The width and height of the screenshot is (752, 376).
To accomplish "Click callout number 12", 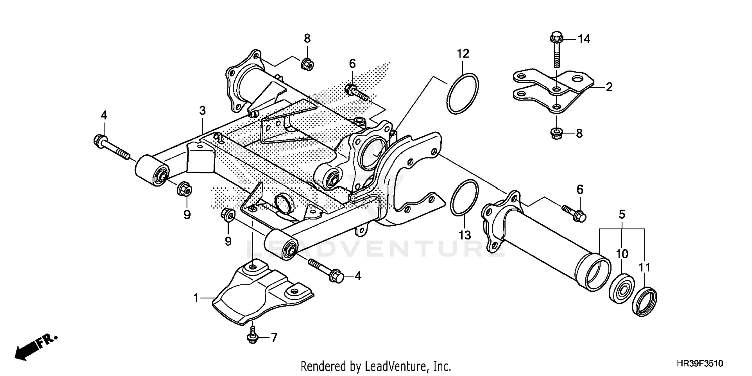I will point(462,53).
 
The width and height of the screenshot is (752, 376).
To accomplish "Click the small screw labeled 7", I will point(252,336).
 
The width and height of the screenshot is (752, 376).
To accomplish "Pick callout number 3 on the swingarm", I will point(202,110).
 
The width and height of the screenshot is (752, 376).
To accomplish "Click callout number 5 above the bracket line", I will point(622,214).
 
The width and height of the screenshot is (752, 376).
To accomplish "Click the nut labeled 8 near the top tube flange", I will point(307,64).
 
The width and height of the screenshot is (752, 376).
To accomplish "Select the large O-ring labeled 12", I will point(462,93).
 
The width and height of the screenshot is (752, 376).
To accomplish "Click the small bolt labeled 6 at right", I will point(574,212).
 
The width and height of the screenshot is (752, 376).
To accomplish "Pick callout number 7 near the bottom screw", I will point(274,338).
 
